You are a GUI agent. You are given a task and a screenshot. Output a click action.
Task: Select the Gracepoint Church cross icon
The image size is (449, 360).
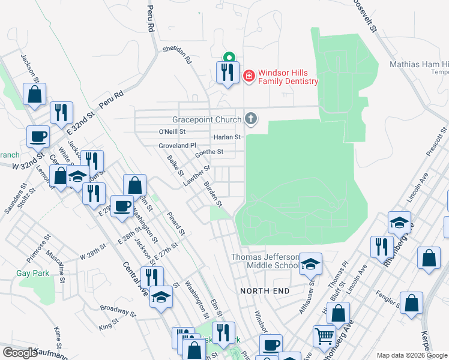[251, 119]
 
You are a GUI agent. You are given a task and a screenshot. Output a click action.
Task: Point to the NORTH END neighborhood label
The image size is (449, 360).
[265, 291]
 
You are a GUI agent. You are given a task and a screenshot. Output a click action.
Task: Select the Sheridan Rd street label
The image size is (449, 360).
[176, 55]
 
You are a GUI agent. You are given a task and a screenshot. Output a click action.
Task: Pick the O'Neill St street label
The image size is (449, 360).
[172, 131]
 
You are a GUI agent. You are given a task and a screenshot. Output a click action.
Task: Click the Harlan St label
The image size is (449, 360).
[227, 137]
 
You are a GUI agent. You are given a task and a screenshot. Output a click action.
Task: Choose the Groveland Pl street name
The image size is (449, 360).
[177, 146]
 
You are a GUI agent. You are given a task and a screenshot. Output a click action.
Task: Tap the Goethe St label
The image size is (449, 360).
[209, 152]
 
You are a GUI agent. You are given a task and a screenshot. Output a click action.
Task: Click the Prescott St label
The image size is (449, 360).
[436, 142]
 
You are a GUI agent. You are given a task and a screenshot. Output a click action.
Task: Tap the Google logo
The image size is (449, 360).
[20, 353]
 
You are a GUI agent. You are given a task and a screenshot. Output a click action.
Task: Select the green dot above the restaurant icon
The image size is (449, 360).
[228, 58]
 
